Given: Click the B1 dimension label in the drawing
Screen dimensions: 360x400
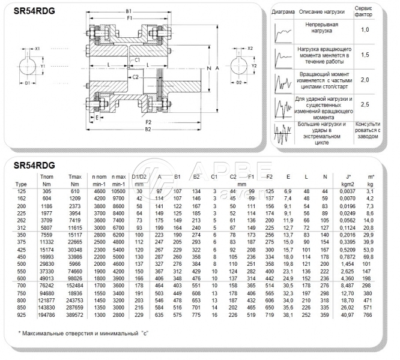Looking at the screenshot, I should pyautogui.click(x=129, y=11).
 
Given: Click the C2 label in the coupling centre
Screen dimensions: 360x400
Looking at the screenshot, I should pyautogui.click(x=136, y=77).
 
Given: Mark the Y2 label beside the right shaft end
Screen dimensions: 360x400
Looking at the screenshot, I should pyautogui.click(x=255, y=65).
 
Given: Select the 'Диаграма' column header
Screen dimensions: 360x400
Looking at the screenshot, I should pyautogui.click(x=282, y=12).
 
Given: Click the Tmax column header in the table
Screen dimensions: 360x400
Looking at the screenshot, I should pyautogui.click(x=74, y=176).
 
